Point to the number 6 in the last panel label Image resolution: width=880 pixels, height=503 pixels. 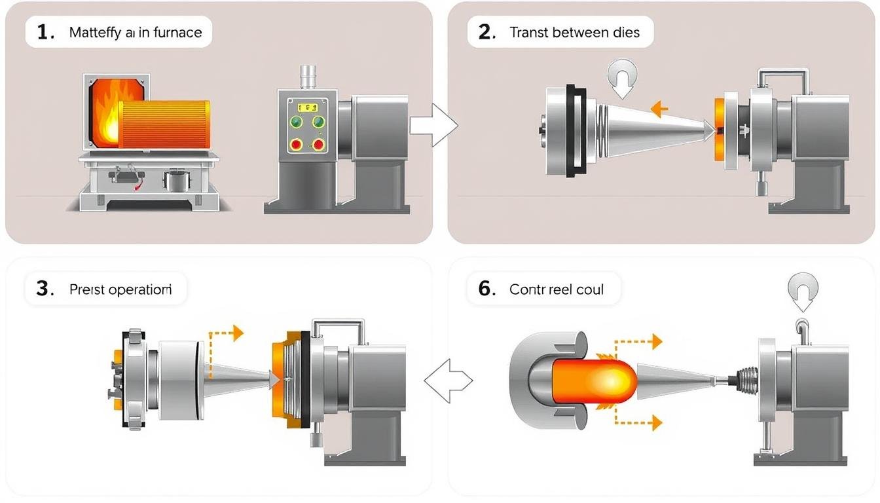[x=485, y=289]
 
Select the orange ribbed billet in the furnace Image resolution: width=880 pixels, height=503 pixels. [x=164, y=124]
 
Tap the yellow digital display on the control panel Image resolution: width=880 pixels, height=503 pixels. [x=306, y=106]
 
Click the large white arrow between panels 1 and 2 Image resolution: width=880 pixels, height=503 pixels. [x=435, y=124]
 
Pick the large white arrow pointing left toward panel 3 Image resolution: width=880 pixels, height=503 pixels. [x=449, y=380]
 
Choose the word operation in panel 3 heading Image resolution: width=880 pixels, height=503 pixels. [x=140, y=289]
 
